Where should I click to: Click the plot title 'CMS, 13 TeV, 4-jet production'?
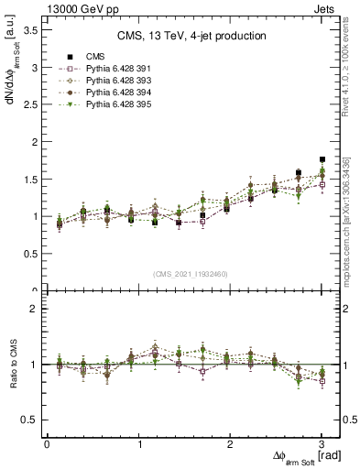(x=191, y=37)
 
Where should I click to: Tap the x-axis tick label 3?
(x=322, y=444)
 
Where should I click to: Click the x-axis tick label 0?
(x=47, y=444)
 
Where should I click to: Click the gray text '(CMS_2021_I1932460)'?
(x=191, y=274)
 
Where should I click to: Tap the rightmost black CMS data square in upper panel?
(x=322, y=159)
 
